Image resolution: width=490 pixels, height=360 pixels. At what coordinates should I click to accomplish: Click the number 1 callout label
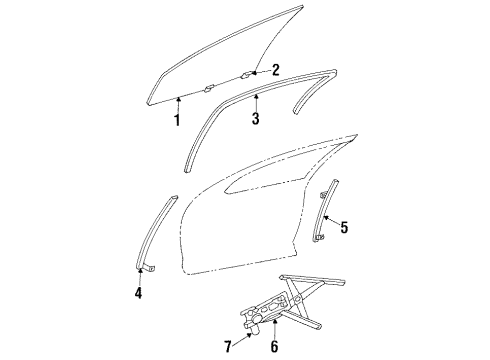[x=176, y=121]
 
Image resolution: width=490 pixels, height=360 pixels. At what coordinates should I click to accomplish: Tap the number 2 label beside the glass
[x=275, y=69]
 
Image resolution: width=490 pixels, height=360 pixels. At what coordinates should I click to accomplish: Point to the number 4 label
[x=139, y=293]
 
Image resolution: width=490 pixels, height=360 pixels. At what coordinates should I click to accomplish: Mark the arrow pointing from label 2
[x=259, y=70]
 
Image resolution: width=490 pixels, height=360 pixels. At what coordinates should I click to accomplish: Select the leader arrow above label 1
[x=176, y=104]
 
